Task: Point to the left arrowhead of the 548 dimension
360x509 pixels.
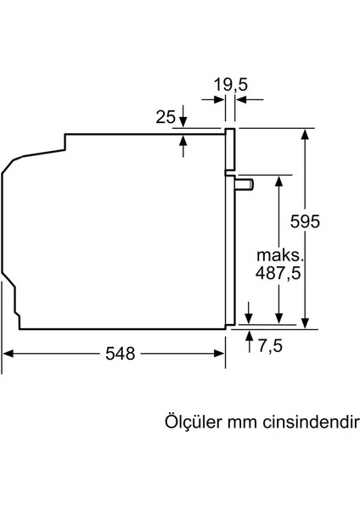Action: (x=8, y=354)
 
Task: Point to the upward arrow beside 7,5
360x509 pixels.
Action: (x=248, y=337)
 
